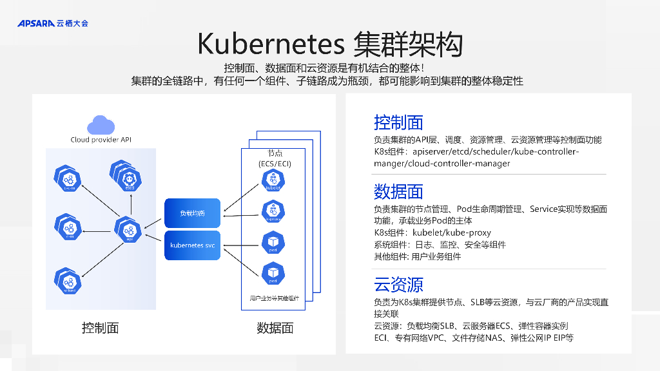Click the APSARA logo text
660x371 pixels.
(35, 24)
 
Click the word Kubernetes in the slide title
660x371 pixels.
(271, 44)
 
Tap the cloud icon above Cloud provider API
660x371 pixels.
(101, 124)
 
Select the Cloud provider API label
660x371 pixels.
(101, 140)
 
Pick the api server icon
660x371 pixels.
(130, 230)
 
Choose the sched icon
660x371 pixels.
(69, 281)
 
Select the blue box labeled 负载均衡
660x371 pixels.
(193, 213)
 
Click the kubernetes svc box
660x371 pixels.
(193, 245)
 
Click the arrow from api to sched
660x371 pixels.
(100, 256)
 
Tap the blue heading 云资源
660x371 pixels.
(398, 285)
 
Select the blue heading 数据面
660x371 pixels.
(398, 191)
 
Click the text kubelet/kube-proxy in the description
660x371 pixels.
(452, 233)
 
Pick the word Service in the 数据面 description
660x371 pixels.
(547, 209)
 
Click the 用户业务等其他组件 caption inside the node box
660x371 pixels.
(275, 298)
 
